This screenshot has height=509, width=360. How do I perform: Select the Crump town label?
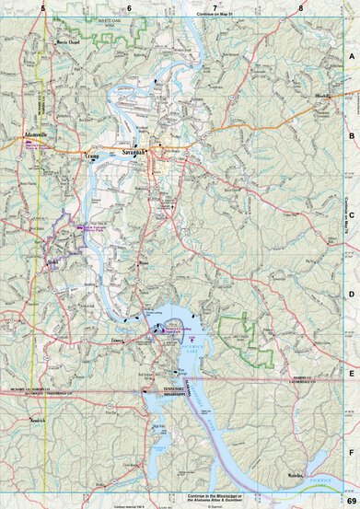tap(91, 157)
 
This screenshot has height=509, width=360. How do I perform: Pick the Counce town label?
tap(116, 340)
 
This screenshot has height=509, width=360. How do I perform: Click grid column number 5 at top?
tap(43, 8)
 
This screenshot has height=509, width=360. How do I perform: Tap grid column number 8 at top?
tap(301, 8)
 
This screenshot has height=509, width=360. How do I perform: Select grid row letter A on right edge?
tap(351, 56)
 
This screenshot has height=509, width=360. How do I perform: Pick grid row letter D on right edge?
tap(351, 295)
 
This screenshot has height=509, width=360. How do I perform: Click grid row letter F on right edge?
tap(351, 453)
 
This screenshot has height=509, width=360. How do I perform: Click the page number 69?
tap(351, 500)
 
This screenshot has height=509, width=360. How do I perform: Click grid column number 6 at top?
tap(129, 8)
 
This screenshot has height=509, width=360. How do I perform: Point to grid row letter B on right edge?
tap(351, 134)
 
